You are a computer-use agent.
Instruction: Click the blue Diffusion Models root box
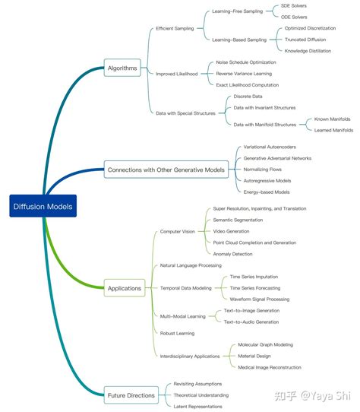tap(43, 206)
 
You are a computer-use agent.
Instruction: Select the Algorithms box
tap(122, 68)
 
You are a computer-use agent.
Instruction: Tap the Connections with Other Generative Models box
tap(166, 170)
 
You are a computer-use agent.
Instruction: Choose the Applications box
tap(125, 288)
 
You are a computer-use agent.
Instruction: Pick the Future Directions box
tap(131, 395)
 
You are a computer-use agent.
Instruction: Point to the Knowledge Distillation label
tap(308, 51)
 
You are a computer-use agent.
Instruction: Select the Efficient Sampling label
tap(175, 28)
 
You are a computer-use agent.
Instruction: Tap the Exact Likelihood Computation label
tap(248, 85)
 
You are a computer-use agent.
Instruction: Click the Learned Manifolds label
tap(333, 130)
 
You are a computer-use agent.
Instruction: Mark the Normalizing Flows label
tap(262, 170)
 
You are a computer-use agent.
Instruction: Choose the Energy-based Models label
tap(267, 192)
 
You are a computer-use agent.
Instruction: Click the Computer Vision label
tap(178, 232)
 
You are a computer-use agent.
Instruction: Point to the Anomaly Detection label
tap(232, 254)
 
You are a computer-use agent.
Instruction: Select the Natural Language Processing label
tap(191, 265)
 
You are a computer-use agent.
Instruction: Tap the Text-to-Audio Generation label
tap(251, 322)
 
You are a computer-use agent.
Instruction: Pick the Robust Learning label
tap(177, 333)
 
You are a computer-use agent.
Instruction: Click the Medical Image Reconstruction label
tap(270, 367)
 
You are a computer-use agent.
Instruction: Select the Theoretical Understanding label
tap(201, 395)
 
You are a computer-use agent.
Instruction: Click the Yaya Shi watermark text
tap(326, 396)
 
